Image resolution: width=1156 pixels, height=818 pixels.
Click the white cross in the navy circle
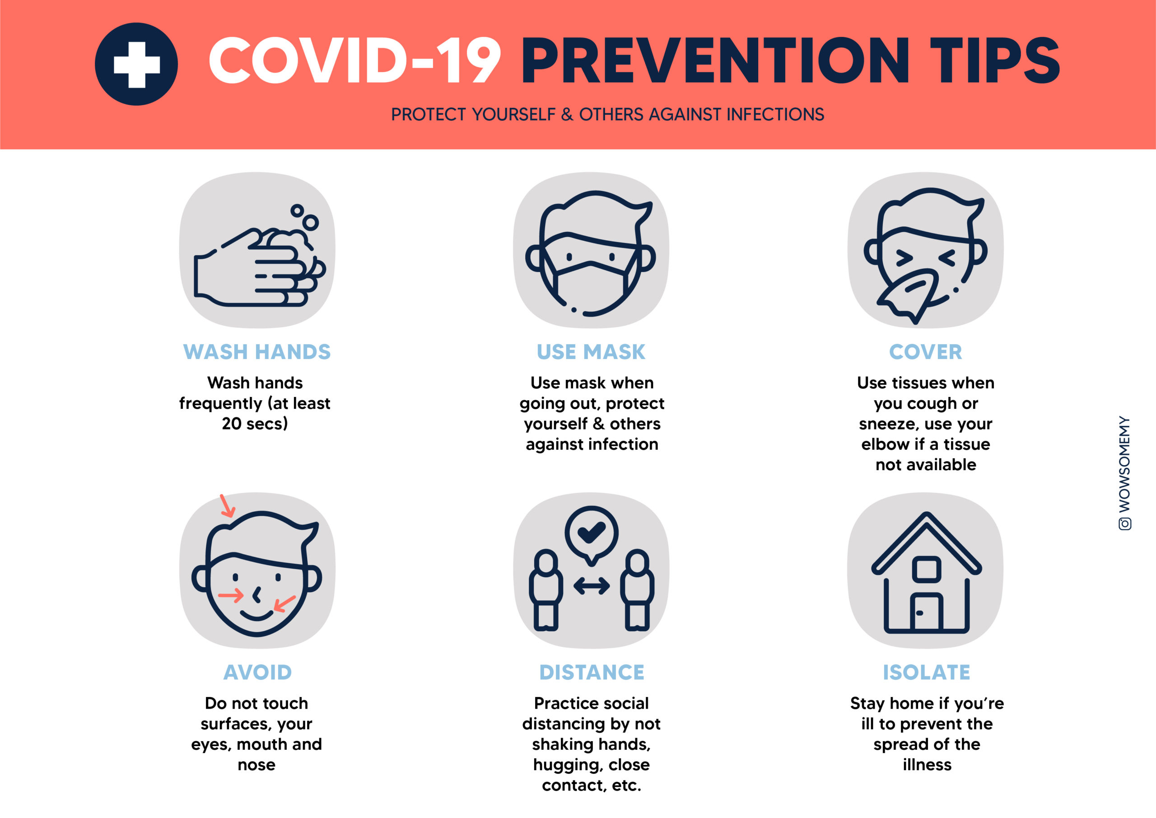(136, 65)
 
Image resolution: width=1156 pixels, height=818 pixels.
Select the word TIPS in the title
(995, 60)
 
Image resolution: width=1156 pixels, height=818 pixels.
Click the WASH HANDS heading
(257, 351)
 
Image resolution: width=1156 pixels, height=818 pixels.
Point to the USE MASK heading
(591, 351)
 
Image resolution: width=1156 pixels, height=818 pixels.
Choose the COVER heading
(925, 351)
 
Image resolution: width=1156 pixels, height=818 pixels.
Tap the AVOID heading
(257, 672)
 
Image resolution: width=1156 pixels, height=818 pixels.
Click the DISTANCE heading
(592, 672)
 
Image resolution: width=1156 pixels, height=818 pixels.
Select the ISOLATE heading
(927, 672)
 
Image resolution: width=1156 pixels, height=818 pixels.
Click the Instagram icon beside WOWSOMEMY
(1125, 524)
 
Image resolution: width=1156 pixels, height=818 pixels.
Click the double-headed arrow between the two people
(592, 586)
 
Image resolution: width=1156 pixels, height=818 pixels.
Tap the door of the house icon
(927, 612)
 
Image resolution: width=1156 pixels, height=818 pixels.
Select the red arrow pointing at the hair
(228, 506)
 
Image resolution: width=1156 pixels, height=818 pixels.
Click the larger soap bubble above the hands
(311, 222)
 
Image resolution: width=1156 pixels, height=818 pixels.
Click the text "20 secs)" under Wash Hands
(255, 424)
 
